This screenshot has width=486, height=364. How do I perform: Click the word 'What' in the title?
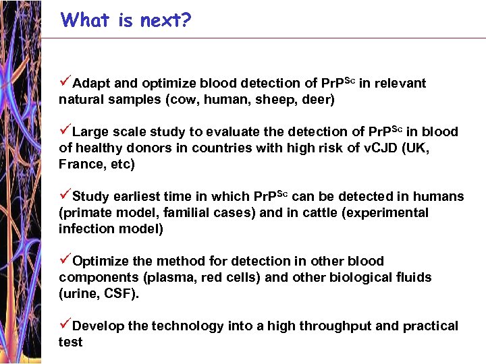tap(84, 20)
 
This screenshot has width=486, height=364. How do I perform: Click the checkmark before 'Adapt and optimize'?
tap(65, 82)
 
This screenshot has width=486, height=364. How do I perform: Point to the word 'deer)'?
tap(317, 100)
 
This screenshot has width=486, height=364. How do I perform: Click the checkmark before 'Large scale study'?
tap(65, 131)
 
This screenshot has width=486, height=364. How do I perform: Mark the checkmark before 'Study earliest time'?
tap(65, 195)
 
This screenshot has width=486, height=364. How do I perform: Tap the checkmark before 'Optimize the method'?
tap(65, 260)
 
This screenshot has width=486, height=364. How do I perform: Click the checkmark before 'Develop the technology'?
tap(65, 325)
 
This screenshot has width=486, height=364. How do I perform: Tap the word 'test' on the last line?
tap(70, 342)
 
